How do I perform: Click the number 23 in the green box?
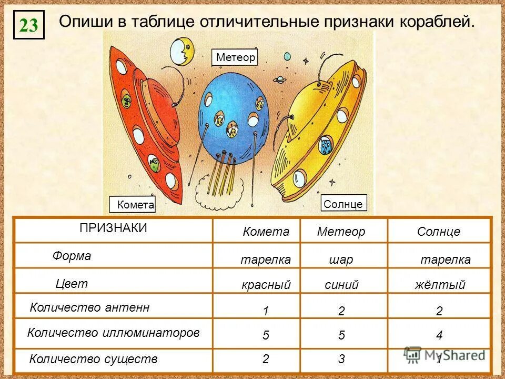click(x=29, y=25)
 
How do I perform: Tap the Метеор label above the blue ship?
click(x=235, y=57)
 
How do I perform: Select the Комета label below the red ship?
click(x=135, y=205)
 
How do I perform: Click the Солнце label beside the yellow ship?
click(x=343, y=204)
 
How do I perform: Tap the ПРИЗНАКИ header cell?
click(x=113, y=228)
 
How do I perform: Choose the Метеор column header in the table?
click(x=341, y=232)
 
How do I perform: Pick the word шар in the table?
click(x=341, y=260)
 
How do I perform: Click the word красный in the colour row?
click(x=266, y=285)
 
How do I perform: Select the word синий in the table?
click(x=341, y=285)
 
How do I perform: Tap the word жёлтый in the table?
click(x=440, y=285)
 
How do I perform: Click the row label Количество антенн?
click(x=90, y=308)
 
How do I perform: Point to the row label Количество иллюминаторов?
click(x=113, y=333)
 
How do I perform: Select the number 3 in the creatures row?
click(x=341, y=360)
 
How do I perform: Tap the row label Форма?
click(x=72, y=256)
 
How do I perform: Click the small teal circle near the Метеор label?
click(x=287, y=56)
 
